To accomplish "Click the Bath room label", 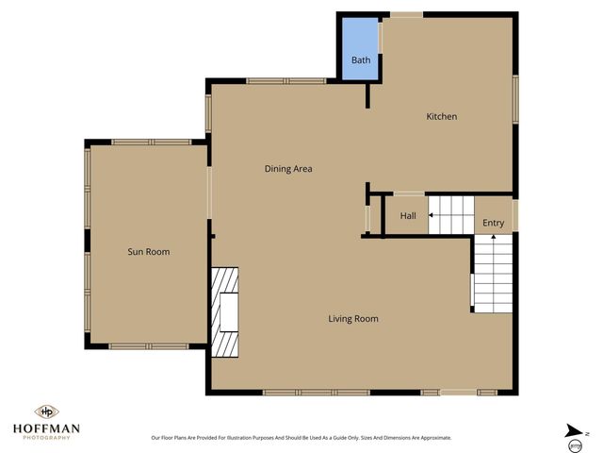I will pos(361,60).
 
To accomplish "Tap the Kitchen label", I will pos(442,117).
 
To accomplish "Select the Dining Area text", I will pos(287,169).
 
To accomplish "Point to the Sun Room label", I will pos(149,252).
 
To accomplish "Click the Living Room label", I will pos(353,319).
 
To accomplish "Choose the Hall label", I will pos(408,216).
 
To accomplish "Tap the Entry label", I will pos(493,224).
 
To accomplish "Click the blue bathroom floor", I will pos(361,42).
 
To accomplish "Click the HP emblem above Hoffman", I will pos(45,412).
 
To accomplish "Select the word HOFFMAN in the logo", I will pos(45,428).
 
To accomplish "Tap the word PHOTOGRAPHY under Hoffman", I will pos(45,438).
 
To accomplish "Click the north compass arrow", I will pos(574,431).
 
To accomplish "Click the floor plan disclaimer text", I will pos(301,438).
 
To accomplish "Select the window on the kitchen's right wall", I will pos(515,99).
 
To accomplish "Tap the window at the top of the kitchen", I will pos(407,14).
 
